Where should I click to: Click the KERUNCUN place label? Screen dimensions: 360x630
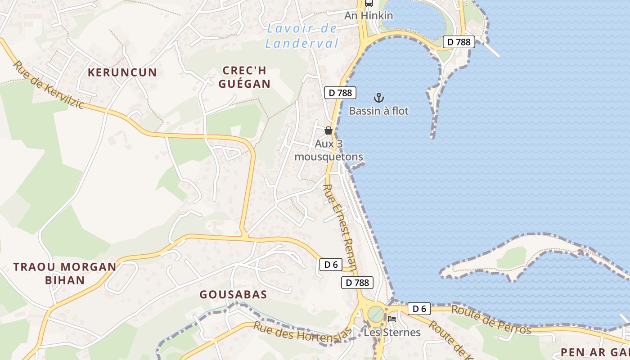[x=122, y=72]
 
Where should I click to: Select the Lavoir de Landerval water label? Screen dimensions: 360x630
[x=301, y=36]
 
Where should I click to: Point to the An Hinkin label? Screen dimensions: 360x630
[x=369, y=16]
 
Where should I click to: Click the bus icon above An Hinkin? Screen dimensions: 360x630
[x=369, y=4]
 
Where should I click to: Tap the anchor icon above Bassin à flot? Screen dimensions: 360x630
[x=379, y=98]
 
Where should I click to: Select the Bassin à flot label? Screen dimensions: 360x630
[x=379, y=111]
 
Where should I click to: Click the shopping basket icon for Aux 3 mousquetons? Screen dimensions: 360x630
[x=328, y=130]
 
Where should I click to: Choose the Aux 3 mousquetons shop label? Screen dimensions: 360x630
[x=328, y=150]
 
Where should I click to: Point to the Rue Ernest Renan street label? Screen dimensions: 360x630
[x=340, y=227]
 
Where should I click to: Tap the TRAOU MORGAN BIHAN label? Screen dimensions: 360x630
[x=65, y=273]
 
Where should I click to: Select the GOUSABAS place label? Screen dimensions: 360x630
[x=233, y=295]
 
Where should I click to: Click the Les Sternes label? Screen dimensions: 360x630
[x=392, y=333]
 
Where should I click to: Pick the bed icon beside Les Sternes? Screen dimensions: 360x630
[x=392, y=319]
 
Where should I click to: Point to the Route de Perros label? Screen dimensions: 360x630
[x=491, y=320]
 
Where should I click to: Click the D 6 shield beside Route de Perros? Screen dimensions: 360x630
[x=419, y=309]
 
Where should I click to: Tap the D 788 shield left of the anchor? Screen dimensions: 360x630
[x=340, y=93]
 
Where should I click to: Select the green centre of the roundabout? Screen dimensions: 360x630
[x=375, y=314]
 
